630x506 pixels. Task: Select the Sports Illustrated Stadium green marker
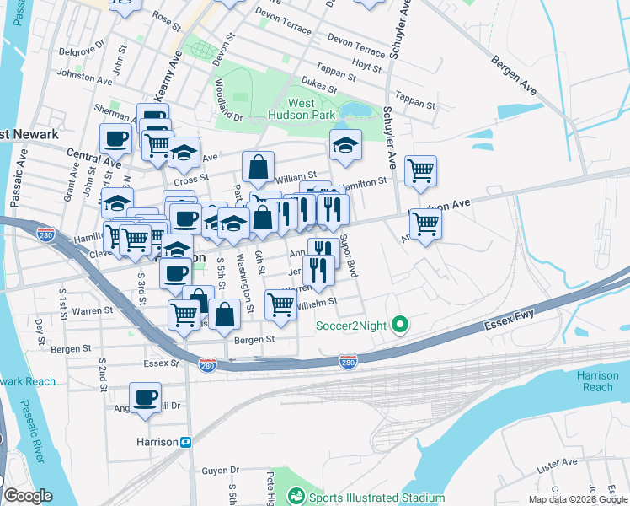(x=295, y=497)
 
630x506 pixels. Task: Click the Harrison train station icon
(x=186, y=442)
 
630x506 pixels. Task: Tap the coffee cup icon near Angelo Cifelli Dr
(x=145, y=397)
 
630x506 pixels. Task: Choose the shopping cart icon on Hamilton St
(x=420, y=170)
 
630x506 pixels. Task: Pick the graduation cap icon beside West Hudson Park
(x=345, y=145)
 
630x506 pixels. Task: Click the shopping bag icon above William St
(x=258, y=167)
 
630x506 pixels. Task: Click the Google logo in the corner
(x=28, y=496)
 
